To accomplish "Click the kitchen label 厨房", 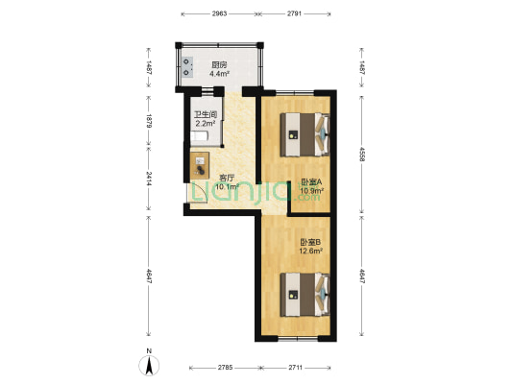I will coord(218,64).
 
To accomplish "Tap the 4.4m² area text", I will coord(218,73).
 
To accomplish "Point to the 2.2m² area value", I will coord(205,123).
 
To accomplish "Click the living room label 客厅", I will coord(227,178).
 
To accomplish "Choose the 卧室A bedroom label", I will coord(311,181).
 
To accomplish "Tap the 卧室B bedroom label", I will coord(310,242).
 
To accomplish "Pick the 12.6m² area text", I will coord(310,252).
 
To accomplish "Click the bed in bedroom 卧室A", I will coord(305,132).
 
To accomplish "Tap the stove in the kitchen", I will coord(184,66).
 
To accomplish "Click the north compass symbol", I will coord(149,365).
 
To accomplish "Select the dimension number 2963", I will coord(220,14).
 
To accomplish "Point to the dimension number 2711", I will coord(296,369).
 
